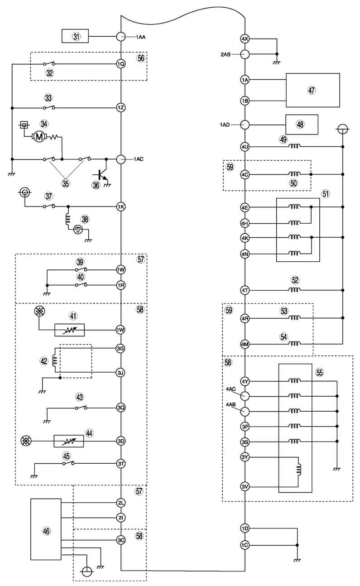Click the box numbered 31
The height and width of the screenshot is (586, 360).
(75, 36)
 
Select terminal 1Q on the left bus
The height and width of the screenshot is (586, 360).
(121, 64)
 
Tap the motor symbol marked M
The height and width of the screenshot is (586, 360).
(39, 136)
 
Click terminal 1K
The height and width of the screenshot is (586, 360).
(121, 207)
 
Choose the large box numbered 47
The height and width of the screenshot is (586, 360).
(312, 90)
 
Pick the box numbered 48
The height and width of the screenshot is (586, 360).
(302, 125)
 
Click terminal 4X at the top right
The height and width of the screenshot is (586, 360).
(245, 39)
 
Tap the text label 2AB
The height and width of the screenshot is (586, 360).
(226, 55)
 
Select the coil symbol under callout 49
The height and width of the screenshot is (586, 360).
(295, 146)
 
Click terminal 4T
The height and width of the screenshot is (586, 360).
(245, 290)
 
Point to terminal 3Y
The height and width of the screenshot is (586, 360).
(245, 457)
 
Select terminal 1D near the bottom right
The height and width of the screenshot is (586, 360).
(245, 528)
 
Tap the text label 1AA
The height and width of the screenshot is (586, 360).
(140, 37)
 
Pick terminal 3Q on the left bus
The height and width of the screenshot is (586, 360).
(121, 407)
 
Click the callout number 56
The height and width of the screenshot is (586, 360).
(141, 58)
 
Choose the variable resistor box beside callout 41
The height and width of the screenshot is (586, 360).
(70, 330)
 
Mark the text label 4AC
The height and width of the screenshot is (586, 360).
(231, 389)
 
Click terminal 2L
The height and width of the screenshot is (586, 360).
(121, 503)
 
